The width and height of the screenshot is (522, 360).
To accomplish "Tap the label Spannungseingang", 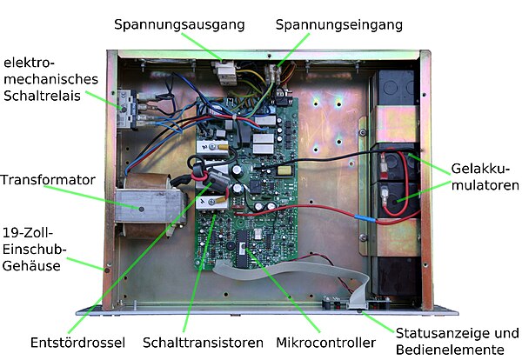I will click(x=338, y=24).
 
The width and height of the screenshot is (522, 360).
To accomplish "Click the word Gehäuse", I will click(x=31, y=266).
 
